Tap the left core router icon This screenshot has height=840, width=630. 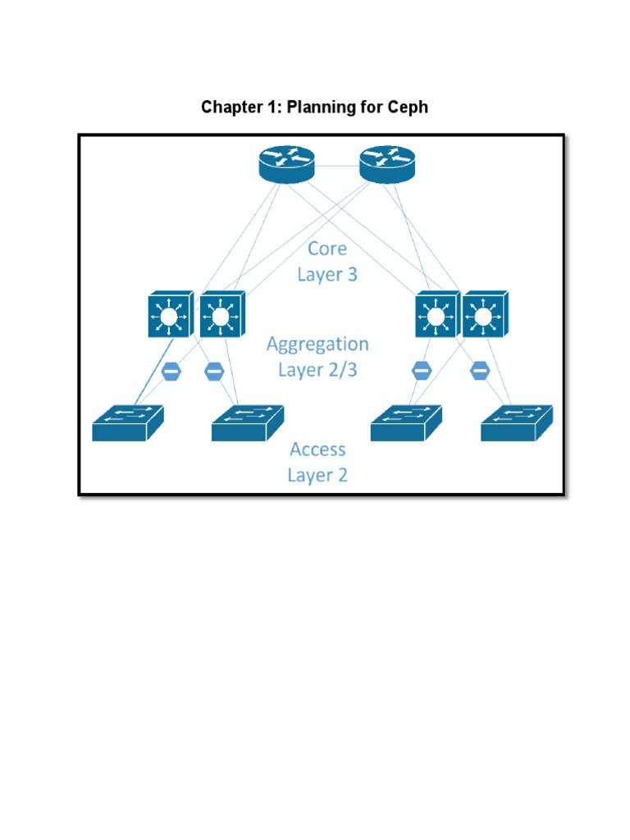pos(286,165)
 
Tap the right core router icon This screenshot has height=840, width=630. pos(386,165)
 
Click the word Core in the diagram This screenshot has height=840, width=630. pos(326,249)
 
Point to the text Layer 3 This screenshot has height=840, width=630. pos(326,274)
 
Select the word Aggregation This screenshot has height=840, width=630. pos(317,344)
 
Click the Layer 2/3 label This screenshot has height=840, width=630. pos(317,370)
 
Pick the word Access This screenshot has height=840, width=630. pos(317,449)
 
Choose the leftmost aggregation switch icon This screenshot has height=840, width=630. pos(170,314)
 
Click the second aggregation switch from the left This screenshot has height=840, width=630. pos(219,314)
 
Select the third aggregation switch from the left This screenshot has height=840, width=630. pos(435,314)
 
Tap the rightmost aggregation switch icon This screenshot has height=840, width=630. pos(484,314)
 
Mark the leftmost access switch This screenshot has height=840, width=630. pos(127,423)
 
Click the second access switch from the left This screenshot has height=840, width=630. pos(247,423)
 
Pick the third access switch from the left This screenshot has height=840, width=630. pos(405,423)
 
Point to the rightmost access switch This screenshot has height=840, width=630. pos(517,423)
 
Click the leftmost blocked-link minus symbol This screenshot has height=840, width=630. pos(171,371)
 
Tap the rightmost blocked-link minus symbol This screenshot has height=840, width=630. pos(480,371)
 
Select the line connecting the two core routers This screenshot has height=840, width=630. pos(336,167)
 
